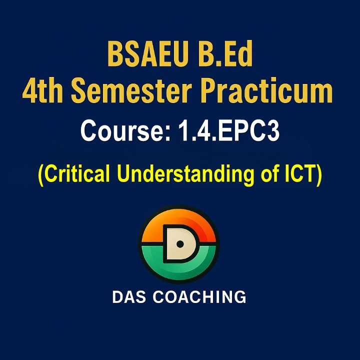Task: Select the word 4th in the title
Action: click(42, 90)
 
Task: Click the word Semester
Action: click(131, 90)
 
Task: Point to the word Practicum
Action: click(267, 90)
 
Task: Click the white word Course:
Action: click(125, 131)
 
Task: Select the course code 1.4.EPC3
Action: click(229, 131)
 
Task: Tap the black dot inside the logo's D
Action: click(180, 244)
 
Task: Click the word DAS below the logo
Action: click(129, 296)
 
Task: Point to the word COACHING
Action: click(199, 296)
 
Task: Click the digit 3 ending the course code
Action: click(273, 131)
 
